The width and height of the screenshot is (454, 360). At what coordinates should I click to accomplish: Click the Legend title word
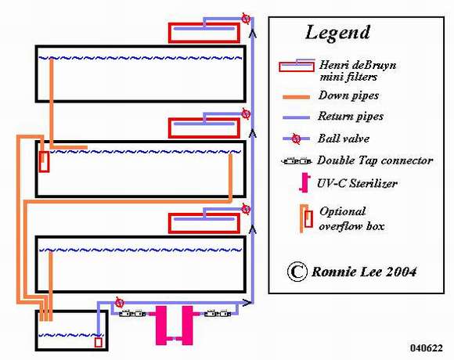pos(337,32)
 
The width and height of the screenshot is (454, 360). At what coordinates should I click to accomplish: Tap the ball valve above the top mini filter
pos(246,19)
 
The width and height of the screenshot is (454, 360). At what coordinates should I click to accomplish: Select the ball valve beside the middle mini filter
pos(246,113)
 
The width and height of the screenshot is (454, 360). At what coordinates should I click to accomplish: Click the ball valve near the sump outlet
pos(119,302)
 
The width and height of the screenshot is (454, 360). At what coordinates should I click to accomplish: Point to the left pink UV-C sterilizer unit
pos(161,326)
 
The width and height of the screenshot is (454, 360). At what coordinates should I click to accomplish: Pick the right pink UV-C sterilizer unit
pos(188,326)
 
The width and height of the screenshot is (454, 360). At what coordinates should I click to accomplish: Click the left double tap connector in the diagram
pos(132,314)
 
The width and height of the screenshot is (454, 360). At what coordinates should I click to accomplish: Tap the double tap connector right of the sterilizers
pos(218,314)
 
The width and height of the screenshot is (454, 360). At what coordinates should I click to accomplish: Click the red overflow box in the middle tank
pos(45,161)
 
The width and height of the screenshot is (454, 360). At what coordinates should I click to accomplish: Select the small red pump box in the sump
pos(99,343)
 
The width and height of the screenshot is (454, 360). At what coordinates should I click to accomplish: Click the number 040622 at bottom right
pos(427,347)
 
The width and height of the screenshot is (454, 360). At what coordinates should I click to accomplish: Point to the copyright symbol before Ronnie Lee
pos(297,272)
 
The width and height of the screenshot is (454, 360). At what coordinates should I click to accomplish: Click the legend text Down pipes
pos(348,95)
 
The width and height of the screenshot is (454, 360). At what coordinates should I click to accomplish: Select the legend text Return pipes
pos(351,117)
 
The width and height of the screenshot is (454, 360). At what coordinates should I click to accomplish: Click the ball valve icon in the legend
pos(296,139)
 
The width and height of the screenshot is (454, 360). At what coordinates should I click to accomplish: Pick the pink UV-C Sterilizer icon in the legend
pos(304,182)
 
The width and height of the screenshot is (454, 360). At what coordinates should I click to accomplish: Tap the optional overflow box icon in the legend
pos(306,218)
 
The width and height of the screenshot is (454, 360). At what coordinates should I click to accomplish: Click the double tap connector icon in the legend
pos(297,161)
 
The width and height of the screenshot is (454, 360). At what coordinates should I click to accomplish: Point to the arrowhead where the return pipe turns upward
pos(247,303)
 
